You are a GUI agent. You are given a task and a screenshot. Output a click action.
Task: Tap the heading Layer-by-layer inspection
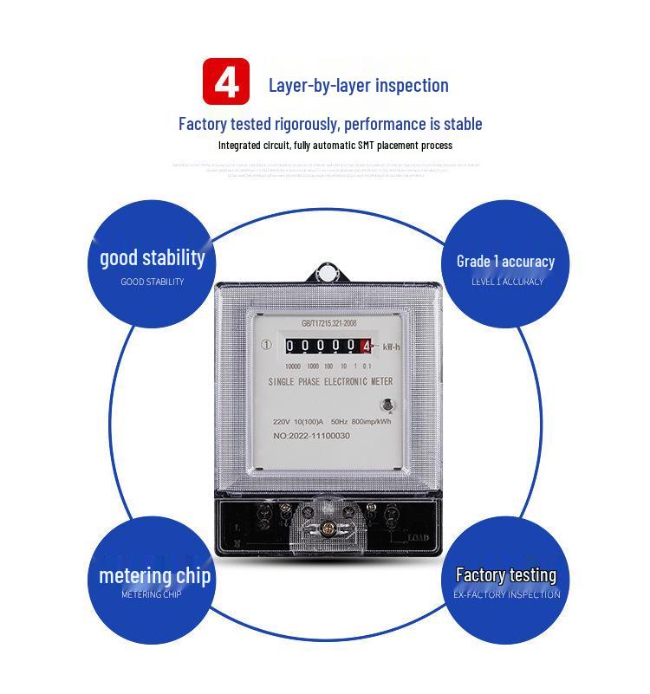pos(358,85)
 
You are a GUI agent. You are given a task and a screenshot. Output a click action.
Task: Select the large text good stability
pos(153,257)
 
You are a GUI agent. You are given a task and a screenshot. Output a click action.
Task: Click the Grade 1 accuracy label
pos(505,261)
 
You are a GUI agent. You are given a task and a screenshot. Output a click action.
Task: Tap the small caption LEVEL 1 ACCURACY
pos(507,282)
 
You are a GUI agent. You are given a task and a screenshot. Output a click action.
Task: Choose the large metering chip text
pos(154,575)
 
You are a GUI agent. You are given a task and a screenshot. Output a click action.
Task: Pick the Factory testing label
pos(506,574)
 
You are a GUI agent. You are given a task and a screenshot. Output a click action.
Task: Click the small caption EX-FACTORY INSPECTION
pos(507,594)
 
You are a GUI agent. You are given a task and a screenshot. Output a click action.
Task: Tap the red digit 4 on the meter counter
pos(367,347)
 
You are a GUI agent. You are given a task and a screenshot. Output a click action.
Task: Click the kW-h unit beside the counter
pos(392,347)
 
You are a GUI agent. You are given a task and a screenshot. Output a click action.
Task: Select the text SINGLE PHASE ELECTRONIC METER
pos(330,382)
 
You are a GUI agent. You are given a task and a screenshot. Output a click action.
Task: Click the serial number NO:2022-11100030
pos(311,436)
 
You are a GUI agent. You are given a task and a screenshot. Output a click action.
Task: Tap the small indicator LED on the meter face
pos(387,404)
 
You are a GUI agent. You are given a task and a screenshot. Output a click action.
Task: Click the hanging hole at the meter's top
pos(328,275)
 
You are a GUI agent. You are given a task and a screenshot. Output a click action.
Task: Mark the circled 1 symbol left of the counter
pos(266,345)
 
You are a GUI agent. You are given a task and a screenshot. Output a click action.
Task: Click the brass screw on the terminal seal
pos(329,523)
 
